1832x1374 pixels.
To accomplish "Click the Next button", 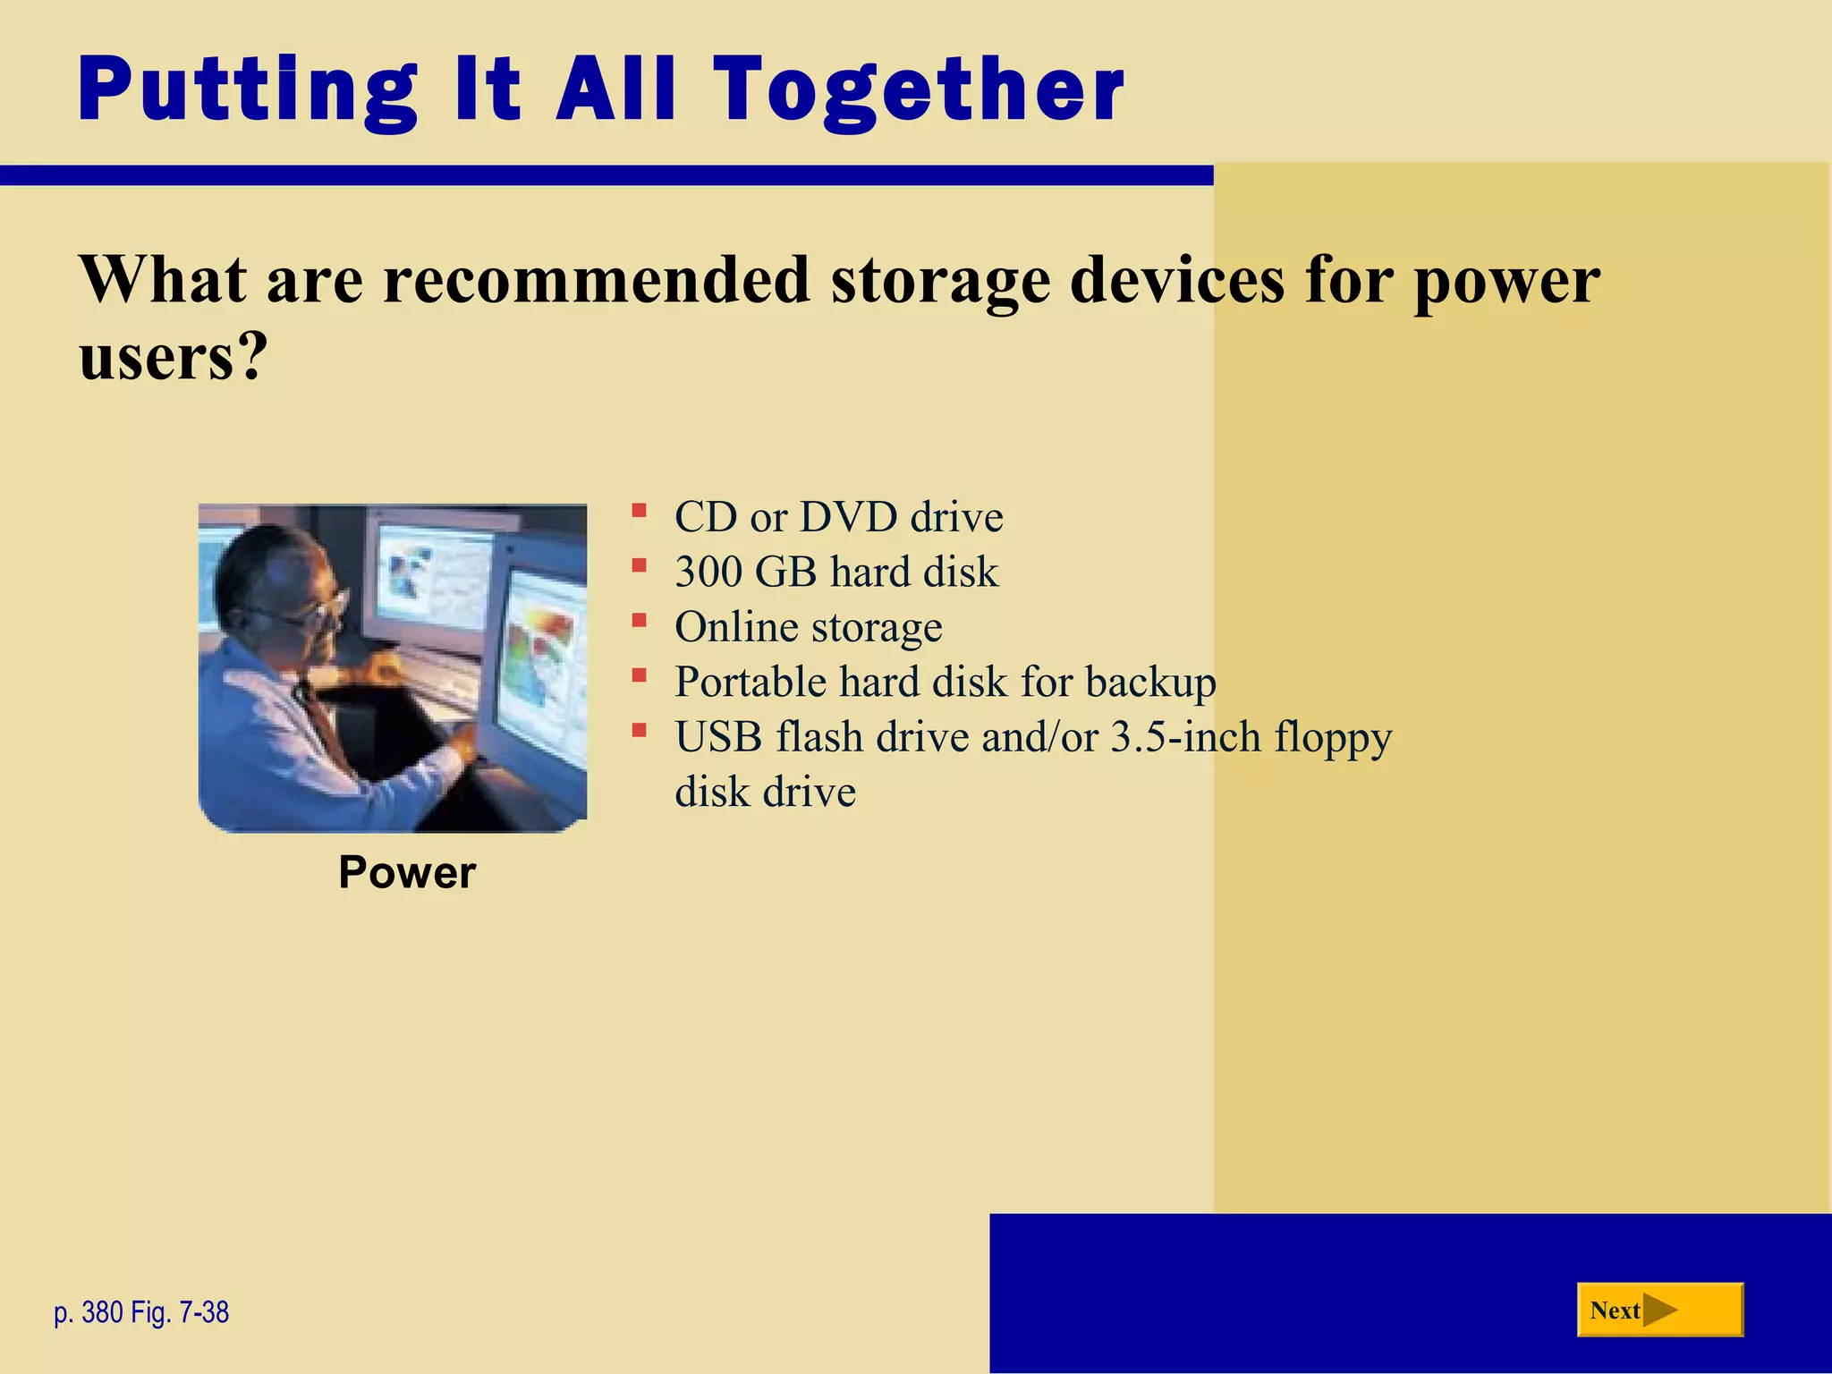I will pyautogui.click(x=1659, y=1310).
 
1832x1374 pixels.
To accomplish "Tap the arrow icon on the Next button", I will pyautogui.click(x=1660, y=1310).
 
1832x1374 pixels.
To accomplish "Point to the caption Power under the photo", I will pyautogui.click(x=407, y=872).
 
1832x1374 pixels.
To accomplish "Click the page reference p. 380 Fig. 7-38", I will pyautogui.click(x=141, y=1312).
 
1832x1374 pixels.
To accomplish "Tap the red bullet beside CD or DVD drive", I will pyautogui.click(x=639, y=512).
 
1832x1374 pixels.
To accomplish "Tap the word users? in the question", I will pyautogui.click(x=173, y=356).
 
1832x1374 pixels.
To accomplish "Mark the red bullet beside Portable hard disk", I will pyautogui.click(x=639, y=676).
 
